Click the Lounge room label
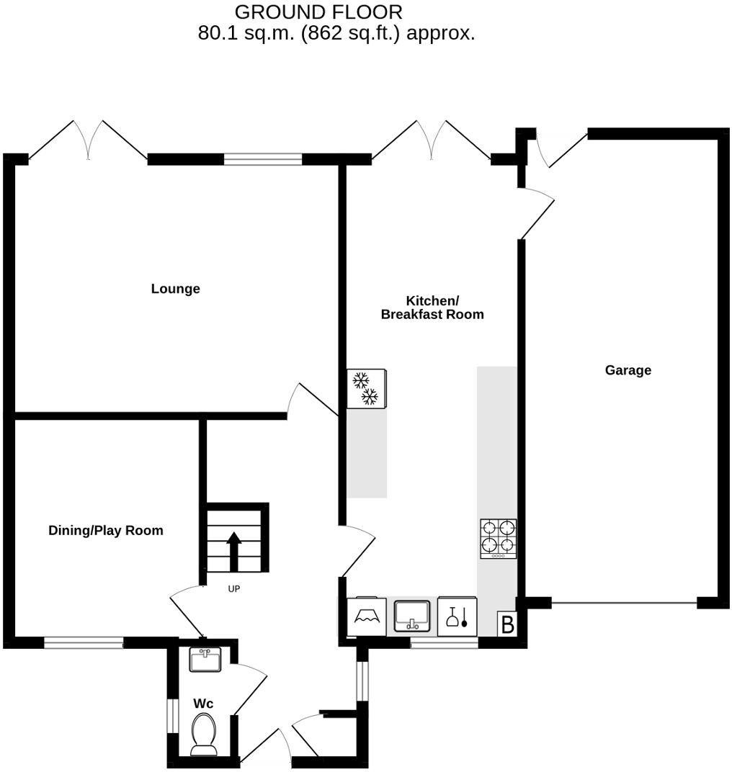pyautogui.click(x=175, y=289)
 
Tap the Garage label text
pyautogui.click(x=628, y=370)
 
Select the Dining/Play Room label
pyautogui.click(x=106, y=531)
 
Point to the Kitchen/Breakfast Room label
pyautogui.click(x=432, y=308)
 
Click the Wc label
pyautogui.click(x=203, y=704)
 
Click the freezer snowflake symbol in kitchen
pyautogui.click(x=366, y=388)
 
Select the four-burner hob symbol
pyautogui.click(x=499, y=538)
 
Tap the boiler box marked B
pyautogui.click(x=507, y=624)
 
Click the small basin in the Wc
pyautogui.click(x=205, y=659)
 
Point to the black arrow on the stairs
pyautogui.click(x=234, y=552)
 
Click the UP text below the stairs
pyautogui.click(x=233, y=589)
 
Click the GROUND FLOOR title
pyautogui.click(x=318, y=12)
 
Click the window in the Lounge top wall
pyautogui.click(x=262, y=159)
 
